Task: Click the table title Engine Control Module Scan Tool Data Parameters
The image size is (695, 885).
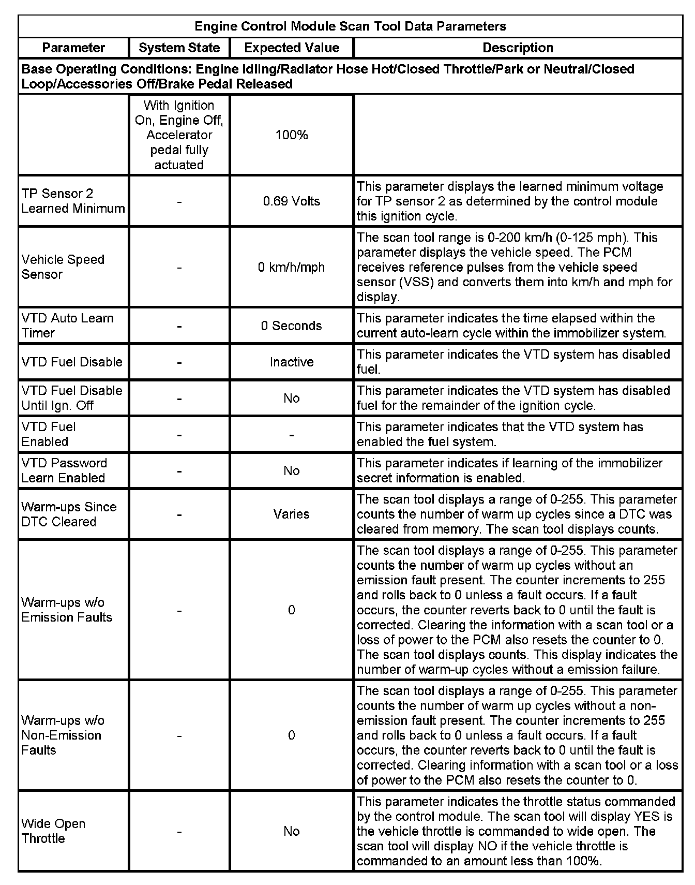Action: [x=350, y=26]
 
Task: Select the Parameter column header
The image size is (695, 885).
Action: [x=73, y=48]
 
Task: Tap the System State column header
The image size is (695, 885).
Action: [x=179, y=48]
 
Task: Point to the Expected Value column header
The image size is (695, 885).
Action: [x=292, y=48]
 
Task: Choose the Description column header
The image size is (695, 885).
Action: [x=518, y=48]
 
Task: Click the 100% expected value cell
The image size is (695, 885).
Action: [x=292, y=135]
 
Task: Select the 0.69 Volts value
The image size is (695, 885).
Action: [x=292, y=201]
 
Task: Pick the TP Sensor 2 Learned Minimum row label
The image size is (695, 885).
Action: [x=73, y=201]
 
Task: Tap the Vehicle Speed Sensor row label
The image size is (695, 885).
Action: [x=63, y=267]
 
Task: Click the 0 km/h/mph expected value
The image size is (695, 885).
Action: [x=292, y=267]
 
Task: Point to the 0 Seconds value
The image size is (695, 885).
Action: [x=292, y=326]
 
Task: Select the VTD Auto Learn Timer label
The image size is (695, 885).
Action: [x=67, y=326]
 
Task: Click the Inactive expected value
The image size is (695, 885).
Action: [x=292, y=362]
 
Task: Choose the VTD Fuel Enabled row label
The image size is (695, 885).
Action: [x=49, y=434]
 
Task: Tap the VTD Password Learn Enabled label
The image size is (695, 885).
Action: [x=64, y=470]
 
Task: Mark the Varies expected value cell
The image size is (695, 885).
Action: [x=292, y=514]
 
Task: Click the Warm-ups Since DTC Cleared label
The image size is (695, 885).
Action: [x=69, y=514]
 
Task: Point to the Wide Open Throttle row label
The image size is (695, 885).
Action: [x=53, y=831]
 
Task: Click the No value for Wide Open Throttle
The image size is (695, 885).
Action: [x=292, y=831]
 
